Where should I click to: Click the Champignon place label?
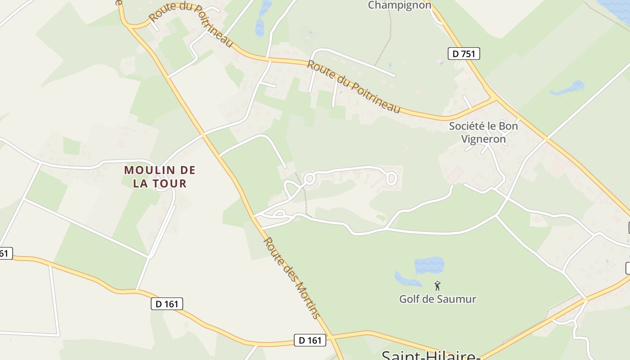[400, 5]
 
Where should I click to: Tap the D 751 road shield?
[464, 54]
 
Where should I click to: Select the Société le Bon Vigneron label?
[483, 132]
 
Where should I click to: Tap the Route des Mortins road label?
[292, 278]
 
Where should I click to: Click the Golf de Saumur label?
[437, 299]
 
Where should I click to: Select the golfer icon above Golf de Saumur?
[437, 285]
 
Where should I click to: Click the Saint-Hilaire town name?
[431, 355]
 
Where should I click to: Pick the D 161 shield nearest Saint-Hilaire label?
[310, 340]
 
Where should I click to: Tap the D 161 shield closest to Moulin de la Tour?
[166, 304]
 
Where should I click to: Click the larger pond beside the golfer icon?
[429, 265]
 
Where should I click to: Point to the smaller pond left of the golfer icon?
[407, 279]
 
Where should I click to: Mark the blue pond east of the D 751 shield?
[569, 88]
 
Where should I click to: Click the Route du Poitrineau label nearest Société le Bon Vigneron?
[353, 86]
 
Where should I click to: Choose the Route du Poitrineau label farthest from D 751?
[191, 25]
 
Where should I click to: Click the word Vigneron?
[483, 139]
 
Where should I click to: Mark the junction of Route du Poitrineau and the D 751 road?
[494, 98]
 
